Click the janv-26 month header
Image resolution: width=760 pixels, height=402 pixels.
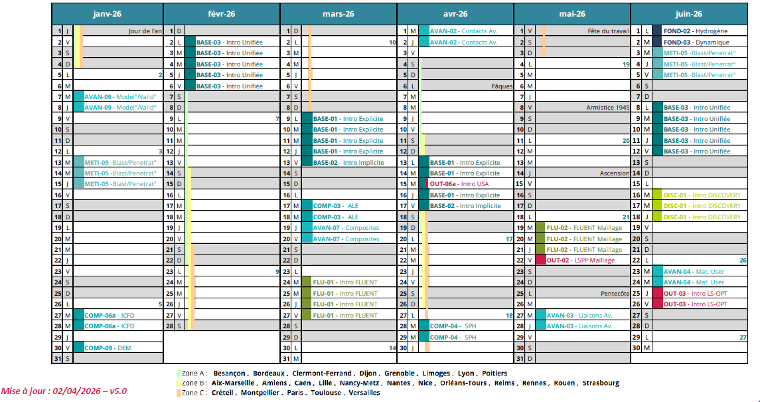point(107,14)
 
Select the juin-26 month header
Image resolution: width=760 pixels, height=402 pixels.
point(688,14)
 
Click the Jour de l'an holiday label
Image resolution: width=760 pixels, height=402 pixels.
point(145,31)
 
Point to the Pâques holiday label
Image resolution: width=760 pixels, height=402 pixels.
point(502,86)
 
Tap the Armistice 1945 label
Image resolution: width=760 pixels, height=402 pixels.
point(607,108)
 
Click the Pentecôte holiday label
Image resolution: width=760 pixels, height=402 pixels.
point(614,293)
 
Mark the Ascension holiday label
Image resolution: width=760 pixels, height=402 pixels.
point(614,173)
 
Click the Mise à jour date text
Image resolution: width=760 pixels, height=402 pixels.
point(64,391)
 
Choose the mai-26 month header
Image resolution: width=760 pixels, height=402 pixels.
point(572,14)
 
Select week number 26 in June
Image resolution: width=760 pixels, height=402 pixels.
point(743,260)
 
